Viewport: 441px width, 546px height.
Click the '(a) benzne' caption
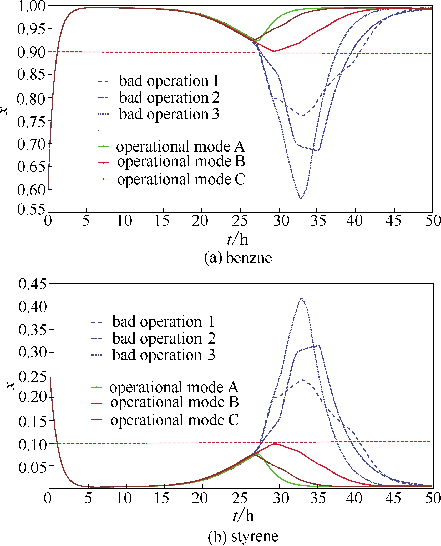click(238, 258)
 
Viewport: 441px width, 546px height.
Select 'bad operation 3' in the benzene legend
click(169, 114)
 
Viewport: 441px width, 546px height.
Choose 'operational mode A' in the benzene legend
click(180, 146)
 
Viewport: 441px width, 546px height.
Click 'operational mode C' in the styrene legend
click(174, 420)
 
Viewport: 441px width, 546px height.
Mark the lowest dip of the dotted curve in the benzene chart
click(301, 199)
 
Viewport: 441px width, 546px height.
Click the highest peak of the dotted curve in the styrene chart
click(301, 298)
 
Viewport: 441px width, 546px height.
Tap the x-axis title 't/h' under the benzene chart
click(237, 239)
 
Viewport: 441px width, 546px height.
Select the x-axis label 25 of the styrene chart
click(240, 498)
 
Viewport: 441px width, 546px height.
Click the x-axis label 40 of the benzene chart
click(355, 221)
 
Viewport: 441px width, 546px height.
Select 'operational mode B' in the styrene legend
click(174, 402)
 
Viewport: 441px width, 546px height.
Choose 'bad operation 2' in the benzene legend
click(169, 98)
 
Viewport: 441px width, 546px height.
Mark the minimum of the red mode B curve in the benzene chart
click(274, 51)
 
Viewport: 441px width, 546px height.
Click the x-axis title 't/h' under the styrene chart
click(243, 516)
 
